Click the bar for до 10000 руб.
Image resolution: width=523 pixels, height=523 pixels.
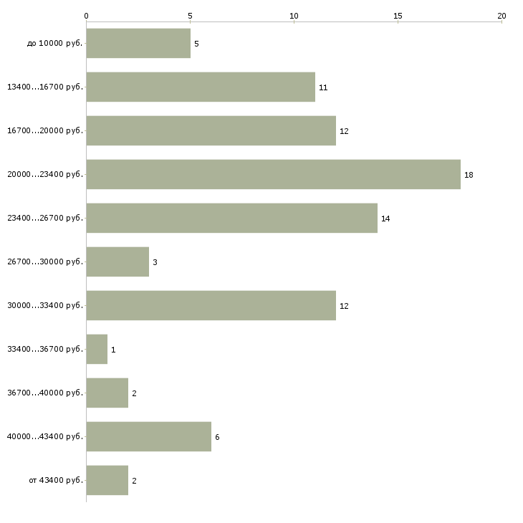[138, 44]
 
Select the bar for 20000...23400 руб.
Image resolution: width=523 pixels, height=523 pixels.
[273, 174]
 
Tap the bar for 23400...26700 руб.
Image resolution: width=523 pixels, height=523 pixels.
[231, 218]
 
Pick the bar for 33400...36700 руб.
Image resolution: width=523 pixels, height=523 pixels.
[97, 349]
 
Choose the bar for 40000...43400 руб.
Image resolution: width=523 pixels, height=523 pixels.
[148, 436]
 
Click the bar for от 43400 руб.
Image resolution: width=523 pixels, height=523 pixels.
[107, 480]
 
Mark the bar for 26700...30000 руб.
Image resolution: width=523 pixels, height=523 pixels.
[117, 261]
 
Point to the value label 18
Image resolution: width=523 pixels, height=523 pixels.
[469, 175]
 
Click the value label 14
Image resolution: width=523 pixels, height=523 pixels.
[385, 219]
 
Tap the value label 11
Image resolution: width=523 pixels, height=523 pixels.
[323, 87]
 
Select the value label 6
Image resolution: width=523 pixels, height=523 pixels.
[217, 437]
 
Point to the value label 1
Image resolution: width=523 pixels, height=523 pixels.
[113, 350]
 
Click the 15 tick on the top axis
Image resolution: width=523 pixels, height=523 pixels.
[398, 15]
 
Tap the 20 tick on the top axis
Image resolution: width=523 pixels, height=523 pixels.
[502, 15]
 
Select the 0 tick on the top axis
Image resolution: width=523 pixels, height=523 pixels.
[87, 15]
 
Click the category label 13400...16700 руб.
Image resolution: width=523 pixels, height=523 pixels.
[45, 87]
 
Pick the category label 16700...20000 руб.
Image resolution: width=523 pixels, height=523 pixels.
[45, 131]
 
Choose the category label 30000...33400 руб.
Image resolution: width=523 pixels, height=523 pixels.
[45, 306]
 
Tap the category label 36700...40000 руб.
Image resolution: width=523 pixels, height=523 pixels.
[45, 393]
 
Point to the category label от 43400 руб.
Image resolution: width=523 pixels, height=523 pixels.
[56, 481]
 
